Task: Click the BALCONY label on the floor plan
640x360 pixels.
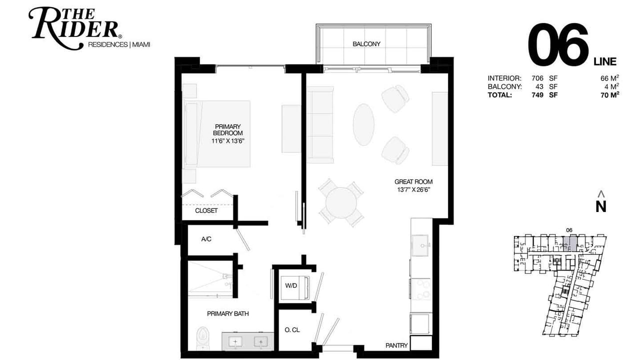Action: (x=366, y=44)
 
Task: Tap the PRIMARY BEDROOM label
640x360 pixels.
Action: (x=227, y=129)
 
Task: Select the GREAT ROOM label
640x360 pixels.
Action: (x=413, y=181)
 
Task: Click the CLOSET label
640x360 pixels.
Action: (x=206, y=210)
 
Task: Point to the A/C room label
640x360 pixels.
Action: (x=206, y=239)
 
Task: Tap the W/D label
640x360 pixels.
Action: (x=291, y=285)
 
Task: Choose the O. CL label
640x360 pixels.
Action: (x=292, y=330)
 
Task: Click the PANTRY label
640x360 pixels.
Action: (x=396, y=345)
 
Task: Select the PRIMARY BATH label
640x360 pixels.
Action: (x=227, y=313)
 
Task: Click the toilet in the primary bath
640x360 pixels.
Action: (x=202, y=338)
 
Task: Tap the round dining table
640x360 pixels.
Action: (x=341, y=202)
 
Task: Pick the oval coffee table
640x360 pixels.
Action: (x=363, y=124)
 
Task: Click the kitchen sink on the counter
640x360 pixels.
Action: (x=420, y=245)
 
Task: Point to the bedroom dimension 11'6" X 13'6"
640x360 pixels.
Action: (x=227, y=141)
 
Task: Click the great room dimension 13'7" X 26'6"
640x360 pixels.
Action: (x=413, y=189)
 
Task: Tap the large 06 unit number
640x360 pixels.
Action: (x=557, y=44)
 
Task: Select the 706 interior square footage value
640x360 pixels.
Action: (x=537, y=78)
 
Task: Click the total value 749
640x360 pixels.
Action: (x=537, y=95)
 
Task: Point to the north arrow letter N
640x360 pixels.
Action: (x=601, y=206)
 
